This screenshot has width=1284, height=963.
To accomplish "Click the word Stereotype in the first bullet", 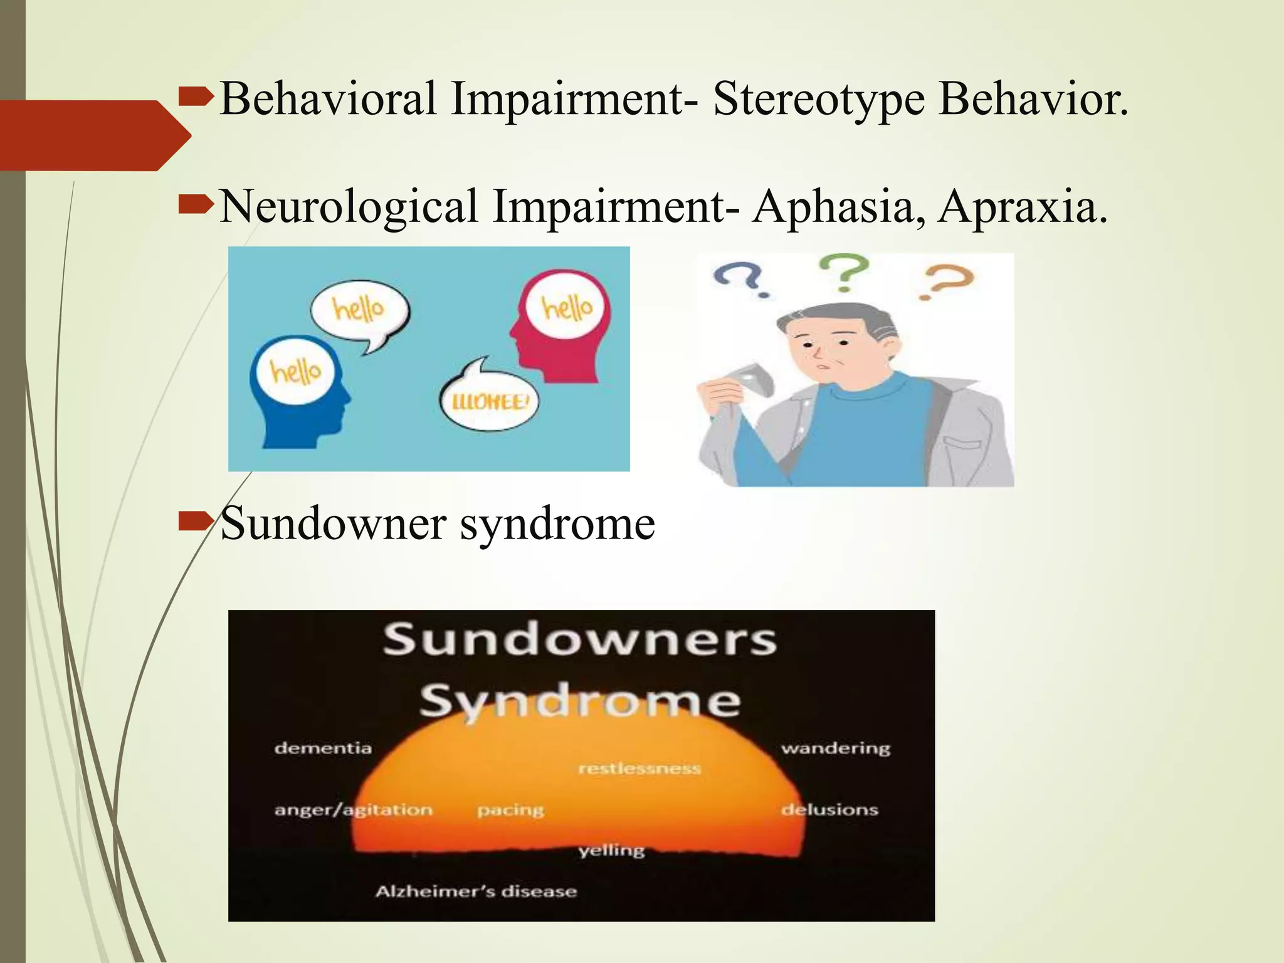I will tap(818, 99).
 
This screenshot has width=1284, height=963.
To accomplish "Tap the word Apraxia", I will tap(1023, 206).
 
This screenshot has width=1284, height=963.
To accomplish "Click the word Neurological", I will tap(349, 206).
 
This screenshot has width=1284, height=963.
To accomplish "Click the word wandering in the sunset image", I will tap(835, 748).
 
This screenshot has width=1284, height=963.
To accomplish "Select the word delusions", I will tap(829, 809).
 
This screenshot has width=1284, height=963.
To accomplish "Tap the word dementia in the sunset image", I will tap(323, 748).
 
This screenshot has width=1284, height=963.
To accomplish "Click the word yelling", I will tap(611, 851).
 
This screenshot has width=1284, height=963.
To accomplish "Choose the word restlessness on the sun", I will tap(639, 769).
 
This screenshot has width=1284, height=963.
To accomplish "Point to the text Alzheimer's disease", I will tap(476, 892).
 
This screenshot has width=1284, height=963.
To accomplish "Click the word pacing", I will tap(510, 810).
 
